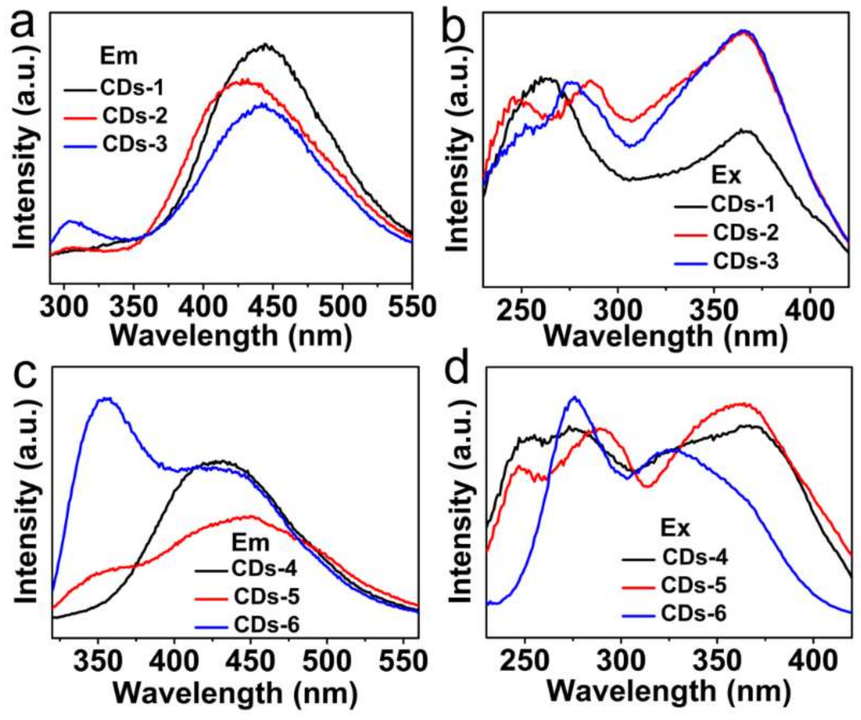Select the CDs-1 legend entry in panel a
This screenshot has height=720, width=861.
coord(131,88)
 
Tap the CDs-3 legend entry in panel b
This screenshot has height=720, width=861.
coord(746,262)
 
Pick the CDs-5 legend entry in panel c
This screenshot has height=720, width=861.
coord(267,596)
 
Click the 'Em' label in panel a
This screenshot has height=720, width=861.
coord(119,56)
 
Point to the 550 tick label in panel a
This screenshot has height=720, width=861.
coord(411,307)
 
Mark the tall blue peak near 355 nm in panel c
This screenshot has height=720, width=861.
coord(106,399)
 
